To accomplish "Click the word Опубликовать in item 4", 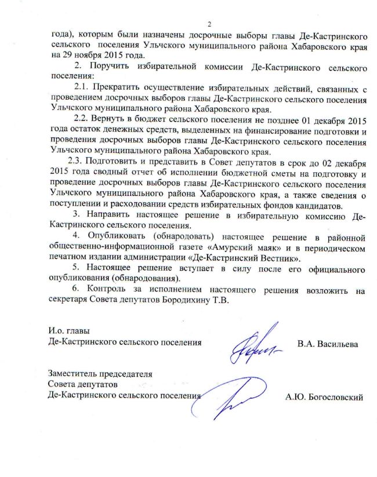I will [121, 238].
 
